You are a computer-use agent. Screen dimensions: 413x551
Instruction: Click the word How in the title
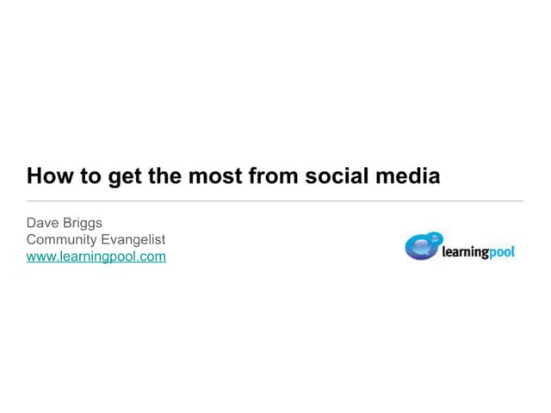48,176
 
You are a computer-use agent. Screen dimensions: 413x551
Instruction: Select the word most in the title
214,176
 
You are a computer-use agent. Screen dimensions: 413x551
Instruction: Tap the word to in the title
90,176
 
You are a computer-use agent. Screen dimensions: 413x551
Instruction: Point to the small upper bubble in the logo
435,237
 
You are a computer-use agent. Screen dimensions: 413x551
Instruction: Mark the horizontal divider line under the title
275,201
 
